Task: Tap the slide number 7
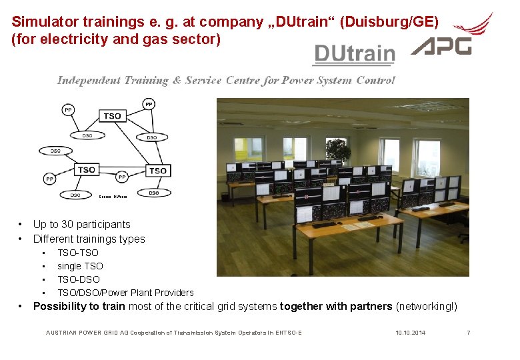pos(468,332)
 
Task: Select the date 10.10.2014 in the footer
pos(410,332)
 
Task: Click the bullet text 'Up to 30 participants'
pos(81,225)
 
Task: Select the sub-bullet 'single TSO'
pos(80,266)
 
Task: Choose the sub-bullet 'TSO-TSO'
pos(77,253)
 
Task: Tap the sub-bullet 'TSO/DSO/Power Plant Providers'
pos(125,293)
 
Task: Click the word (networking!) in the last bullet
pos(427,307)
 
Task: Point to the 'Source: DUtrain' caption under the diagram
pos(113,197)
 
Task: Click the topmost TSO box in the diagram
pos(113,116)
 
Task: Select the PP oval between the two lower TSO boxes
pos(121,177)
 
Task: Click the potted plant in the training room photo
pos(338,151)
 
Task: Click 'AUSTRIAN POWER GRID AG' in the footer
pos(87,332)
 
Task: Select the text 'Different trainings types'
pos(89,239)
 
